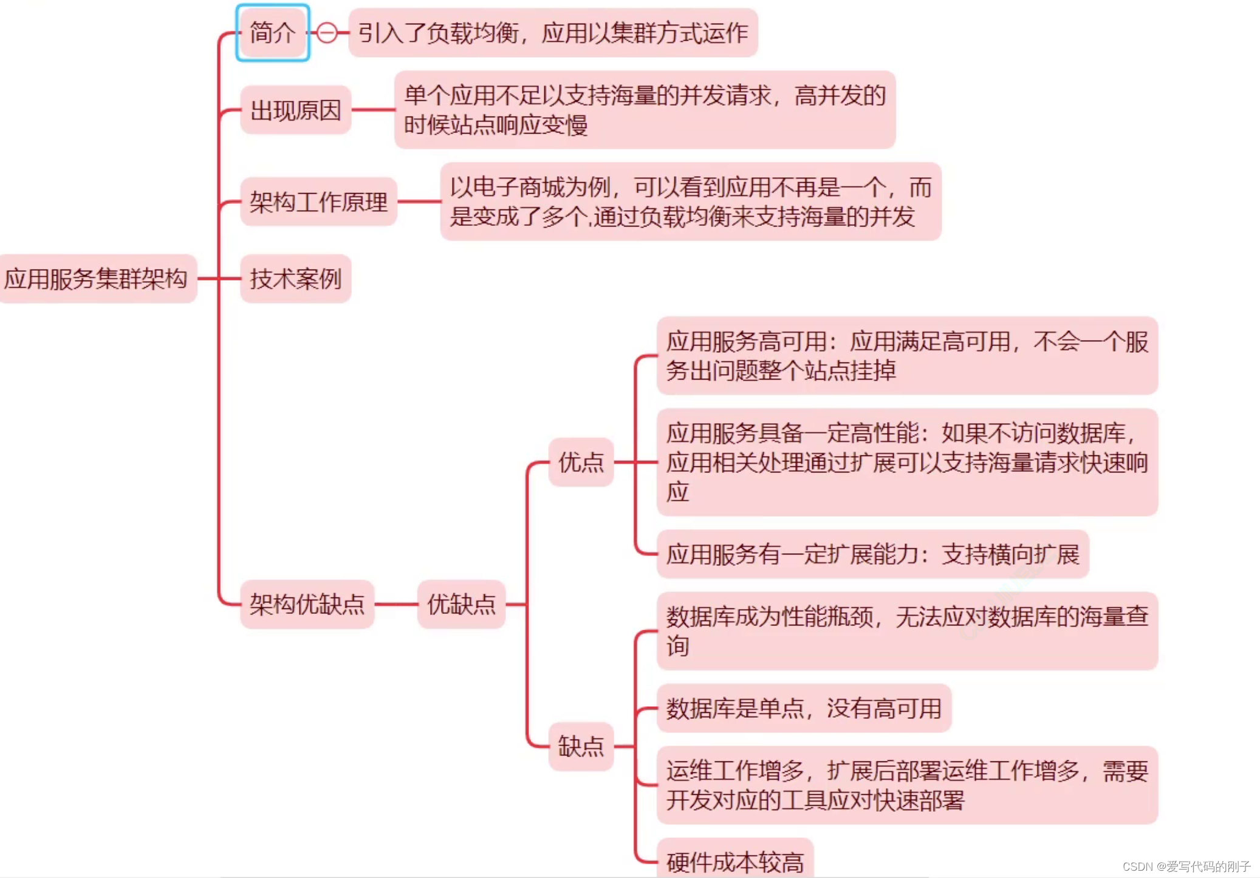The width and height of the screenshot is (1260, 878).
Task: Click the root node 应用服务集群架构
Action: tap(96, 279)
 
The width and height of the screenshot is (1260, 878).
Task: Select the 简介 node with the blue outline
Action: tap(272, 33)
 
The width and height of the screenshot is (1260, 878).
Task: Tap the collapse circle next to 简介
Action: tap(327, 33)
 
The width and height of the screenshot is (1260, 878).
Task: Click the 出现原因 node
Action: tap(295, 111)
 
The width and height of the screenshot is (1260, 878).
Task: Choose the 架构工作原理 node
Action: tap(318, 202)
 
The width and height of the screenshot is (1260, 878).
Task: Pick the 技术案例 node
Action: tap(295, 279)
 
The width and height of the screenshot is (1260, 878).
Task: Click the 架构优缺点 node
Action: tap(307, 604)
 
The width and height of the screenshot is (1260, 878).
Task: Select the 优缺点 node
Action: tap(461, 604)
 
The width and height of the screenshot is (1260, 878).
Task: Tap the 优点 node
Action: tap(581, 462)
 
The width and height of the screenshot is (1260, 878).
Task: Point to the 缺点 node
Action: tap(581, 746)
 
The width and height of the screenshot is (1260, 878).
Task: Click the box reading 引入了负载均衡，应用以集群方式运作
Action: tap(553, 33)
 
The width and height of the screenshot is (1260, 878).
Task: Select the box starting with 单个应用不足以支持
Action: tap(645, 110)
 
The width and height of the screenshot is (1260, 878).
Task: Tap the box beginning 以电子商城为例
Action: tap(690, 202)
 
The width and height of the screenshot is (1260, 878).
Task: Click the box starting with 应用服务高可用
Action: tap(906, 356)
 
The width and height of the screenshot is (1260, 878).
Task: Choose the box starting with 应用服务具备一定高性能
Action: tap(906, 462)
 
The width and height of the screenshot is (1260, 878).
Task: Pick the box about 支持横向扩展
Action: tap(872, 554)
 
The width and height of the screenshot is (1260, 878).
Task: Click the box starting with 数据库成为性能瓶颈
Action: tap(906, 631)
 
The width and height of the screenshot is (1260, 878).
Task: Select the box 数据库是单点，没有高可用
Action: tap(804, 708)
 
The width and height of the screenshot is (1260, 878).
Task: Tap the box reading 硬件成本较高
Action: tap(735, 861)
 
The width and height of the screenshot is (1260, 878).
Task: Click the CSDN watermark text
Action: tap(1186, 866)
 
